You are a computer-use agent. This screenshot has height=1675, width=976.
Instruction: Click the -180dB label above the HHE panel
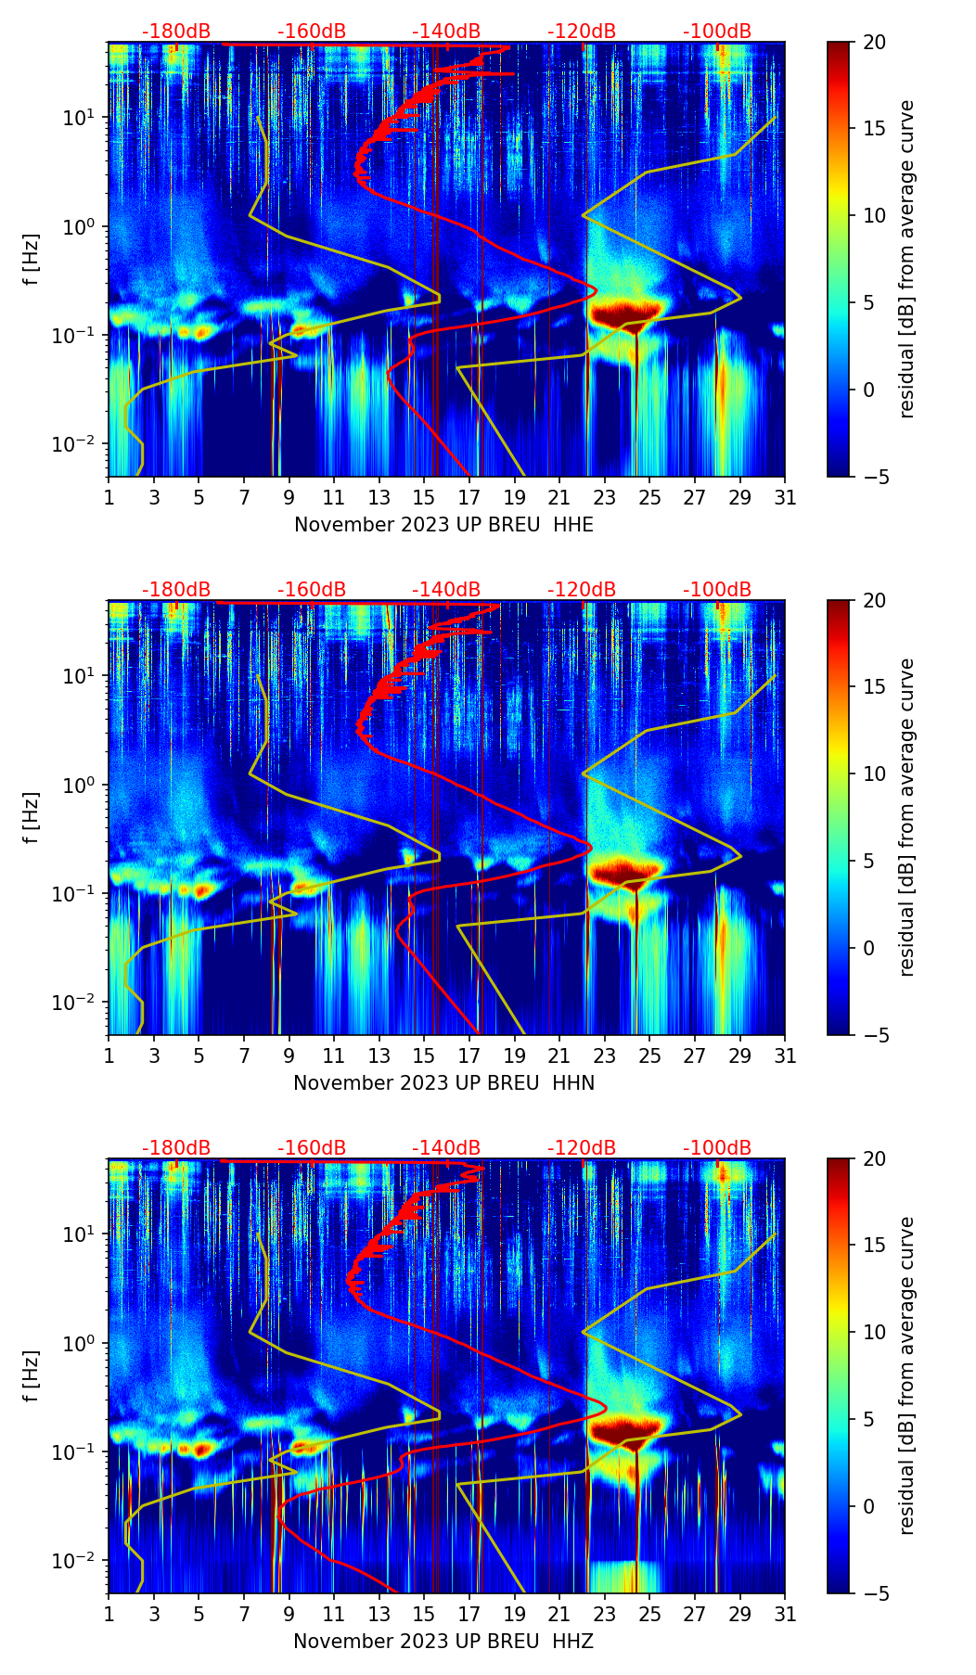[176, 32]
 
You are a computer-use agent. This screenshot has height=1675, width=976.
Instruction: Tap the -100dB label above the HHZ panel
[717, 1148]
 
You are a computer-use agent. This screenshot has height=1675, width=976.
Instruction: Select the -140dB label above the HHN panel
[446, 590]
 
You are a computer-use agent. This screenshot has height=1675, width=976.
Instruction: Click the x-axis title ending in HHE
[443, 525]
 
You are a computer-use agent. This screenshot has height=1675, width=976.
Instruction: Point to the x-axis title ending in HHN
[443, 1083]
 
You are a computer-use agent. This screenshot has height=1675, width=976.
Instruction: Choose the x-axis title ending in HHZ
[443, 1642]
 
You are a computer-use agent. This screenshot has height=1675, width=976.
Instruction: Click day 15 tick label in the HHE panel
[424, 498]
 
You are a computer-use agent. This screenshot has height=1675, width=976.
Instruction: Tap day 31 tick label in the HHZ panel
[785, 1615]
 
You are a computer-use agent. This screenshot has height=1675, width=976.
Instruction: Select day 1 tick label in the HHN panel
[109, 1056]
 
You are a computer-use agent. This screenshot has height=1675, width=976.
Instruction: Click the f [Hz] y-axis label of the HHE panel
[32, 260]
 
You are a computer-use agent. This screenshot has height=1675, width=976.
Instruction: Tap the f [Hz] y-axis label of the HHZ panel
[32, 1376]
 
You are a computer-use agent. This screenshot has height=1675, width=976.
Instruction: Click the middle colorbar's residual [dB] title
[907, 817]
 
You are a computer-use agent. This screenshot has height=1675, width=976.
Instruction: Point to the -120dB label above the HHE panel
[582, 32]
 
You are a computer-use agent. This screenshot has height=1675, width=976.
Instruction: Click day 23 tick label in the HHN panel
[604, 1056]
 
